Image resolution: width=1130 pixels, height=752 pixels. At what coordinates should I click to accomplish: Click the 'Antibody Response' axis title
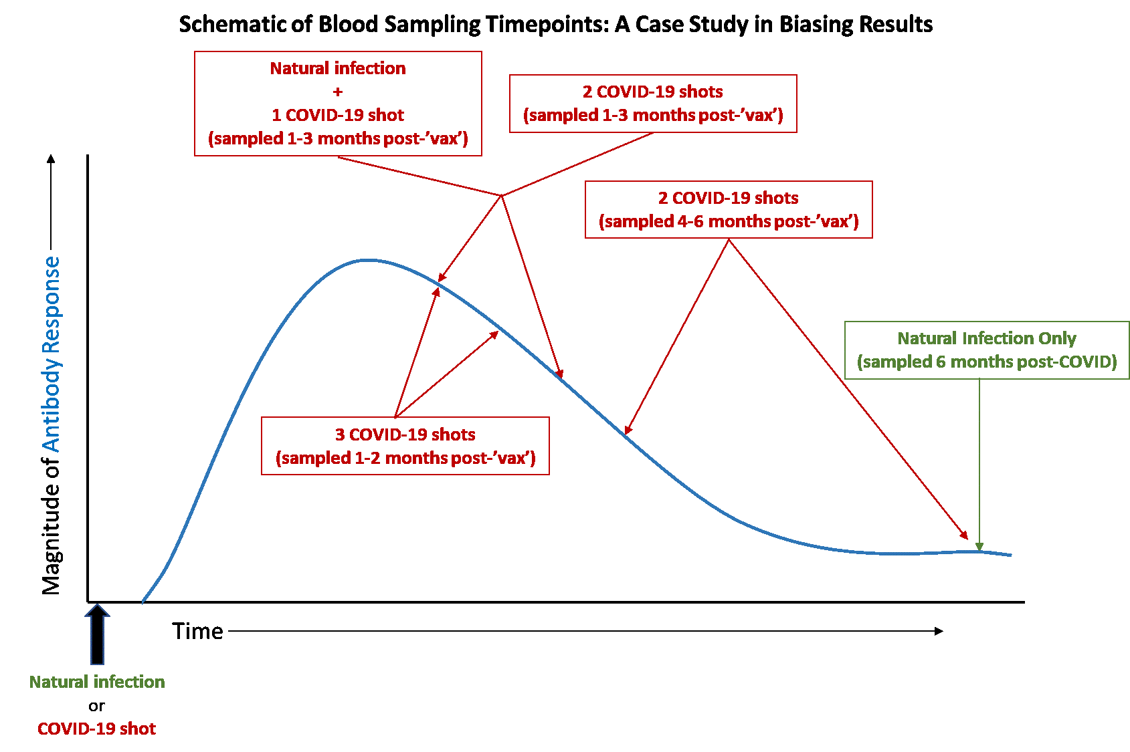pos(51,354)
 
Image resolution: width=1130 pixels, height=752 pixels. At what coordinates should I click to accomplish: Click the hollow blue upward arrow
pos(98,634)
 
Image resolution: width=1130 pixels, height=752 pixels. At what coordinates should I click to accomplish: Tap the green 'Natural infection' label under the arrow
pos(97,682)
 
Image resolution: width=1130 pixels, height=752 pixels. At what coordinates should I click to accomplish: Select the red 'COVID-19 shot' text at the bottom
pos(97,729)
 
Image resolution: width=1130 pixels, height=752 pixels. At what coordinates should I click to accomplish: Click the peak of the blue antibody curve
pos(367,260)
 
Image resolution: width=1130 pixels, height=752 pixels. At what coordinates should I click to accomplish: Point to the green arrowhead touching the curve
pos(979,546)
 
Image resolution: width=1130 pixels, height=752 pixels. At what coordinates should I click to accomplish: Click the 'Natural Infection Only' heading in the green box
pos(987,338)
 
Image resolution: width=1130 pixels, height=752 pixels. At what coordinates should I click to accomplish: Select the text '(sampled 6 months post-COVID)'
pos(987,362)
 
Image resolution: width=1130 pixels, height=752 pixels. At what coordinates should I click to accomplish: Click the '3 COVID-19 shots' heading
pos(405,434)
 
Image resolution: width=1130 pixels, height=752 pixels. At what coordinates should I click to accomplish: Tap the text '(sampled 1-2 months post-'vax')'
pos(405,458)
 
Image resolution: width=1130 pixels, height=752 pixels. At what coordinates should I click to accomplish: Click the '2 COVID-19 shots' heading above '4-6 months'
pos(729,198)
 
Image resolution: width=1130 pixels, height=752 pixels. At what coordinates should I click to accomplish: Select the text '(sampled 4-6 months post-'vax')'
pos(729,221)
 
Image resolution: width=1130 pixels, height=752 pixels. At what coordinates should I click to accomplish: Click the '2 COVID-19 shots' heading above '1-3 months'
pos(653,92)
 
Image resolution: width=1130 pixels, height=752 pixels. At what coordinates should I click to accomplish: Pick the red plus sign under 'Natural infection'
pos(338,92)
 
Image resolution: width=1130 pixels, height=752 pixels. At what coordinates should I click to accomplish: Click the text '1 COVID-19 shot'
pos(338,115)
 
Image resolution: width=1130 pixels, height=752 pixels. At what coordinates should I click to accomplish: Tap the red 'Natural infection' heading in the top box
pos(338,68)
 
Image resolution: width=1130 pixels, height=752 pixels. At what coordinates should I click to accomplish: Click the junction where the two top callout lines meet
pos(501,195)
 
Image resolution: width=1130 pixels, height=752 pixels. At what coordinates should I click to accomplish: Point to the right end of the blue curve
pos(1010,555)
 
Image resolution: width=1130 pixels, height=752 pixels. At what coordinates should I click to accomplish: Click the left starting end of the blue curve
pos(143,602)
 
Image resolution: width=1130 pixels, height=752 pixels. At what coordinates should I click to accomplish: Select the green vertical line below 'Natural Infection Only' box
pos(979,461)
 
